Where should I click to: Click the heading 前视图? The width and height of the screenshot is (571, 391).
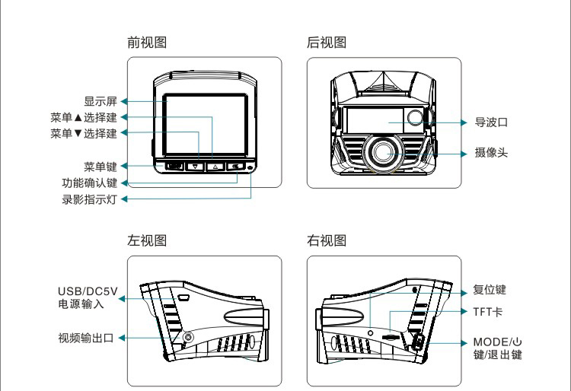[146, 43]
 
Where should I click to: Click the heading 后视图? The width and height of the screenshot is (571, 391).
[326, 43]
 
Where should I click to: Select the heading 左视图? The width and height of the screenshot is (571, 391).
[146, 241]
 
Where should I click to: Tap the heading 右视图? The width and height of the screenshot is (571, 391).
[326, 241]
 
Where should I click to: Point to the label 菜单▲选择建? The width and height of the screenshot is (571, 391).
[83, 118]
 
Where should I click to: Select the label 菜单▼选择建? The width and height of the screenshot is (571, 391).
[83, 134]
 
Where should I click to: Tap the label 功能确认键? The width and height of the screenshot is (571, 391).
[89, 183]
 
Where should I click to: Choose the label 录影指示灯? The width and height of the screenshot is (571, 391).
[89, 200]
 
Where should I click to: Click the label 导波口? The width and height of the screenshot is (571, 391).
[491, 122]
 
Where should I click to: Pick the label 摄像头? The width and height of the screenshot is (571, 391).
[491, 153]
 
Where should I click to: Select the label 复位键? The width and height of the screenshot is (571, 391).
[490, 290]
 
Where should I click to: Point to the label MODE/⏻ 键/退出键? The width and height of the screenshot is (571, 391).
[499, 348]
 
